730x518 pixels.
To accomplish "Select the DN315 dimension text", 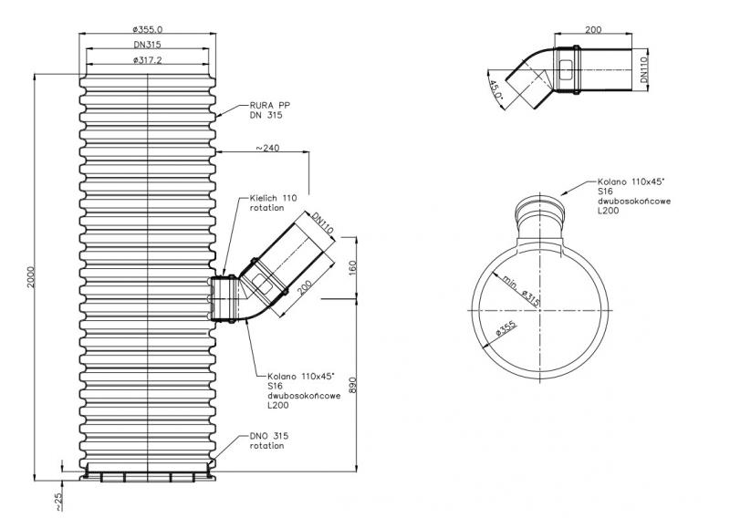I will (147, 46).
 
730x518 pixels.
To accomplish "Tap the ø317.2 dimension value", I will (147, 60).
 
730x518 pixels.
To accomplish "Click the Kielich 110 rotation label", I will (273, 202).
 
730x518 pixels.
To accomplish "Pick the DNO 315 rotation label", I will (267, 440).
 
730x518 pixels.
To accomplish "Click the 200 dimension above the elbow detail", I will (593, 30).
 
